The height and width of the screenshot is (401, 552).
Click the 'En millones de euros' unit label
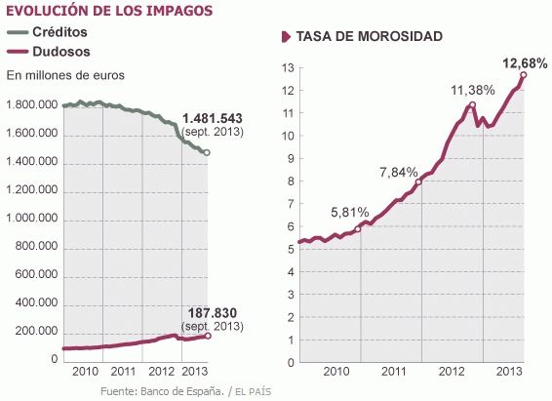65,74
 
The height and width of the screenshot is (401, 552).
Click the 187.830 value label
214,312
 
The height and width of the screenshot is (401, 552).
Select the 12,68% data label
525,62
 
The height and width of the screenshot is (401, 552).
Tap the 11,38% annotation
471,90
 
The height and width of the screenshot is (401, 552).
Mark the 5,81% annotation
350,212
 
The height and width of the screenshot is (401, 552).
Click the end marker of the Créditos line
207,153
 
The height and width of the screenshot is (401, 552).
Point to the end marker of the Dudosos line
207,336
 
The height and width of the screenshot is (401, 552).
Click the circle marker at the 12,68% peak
524,75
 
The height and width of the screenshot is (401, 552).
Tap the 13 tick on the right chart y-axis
287,68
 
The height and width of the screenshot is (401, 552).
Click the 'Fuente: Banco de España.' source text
162,392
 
